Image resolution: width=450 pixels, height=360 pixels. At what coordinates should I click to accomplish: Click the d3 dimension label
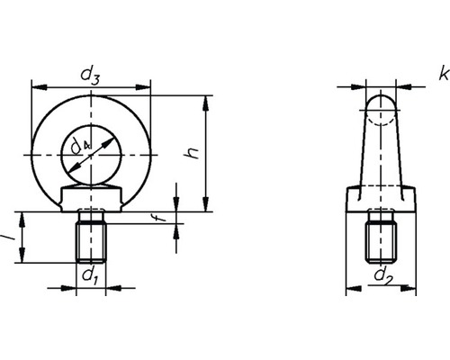click(90, 76)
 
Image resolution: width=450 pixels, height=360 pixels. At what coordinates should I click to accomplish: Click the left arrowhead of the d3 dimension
click(36, 88)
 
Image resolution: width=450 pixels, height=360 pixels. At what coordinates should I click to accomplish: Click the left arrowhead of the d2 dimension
click(350, 288)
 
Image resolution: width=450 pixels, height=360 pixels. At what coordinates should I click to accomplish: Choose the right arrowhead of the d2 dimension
click(415, 288)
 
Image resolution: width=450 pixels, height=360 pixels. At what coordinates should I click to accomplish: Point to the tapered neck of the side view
click(382, 148)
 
